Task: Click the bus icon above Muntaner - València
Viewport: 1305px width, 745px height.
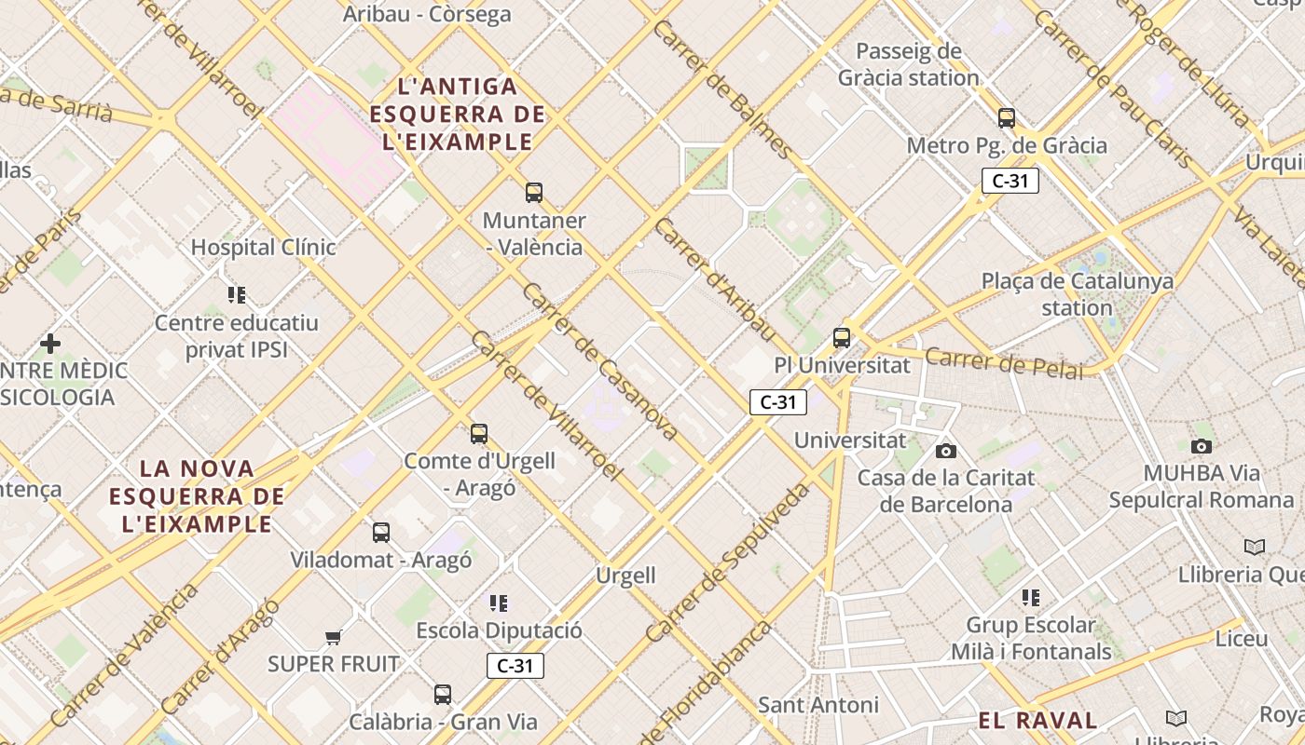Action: click(534, 193)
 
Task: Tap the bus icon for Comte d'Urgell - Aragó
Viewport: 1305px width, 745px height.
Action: click(479, 434)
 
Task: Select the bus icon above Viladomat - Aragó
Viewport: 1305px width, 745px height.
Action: click(381, 533)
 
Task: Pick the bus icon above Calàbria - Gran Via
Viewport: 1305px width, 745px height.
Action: click(443, 695)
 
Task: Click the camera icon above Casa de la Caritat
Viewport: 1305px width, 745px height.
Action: click(946, 452)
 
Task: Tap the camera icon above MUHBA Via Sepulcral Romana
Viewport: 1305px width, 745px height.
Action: click(1202, 446)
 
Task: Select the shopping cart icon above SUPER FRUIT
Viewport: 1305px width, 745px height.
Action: click(333, 638)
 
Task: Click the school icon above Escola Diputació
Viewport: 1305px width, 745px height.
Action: click(499, 603)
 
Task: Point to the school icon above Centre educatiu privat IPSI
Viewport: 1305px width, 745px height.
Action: click(237, 295)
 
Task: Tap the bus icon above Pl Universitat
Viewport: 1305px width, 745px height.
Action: click(842, 338)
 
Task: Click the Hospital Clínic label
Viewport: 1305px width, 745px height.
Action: click(263, 248)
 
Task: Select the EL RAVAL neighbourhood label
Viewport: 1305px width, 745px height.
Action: click(1037, 720)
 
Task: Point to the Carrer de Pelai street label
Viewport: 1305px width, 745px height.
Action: click(1004, 364)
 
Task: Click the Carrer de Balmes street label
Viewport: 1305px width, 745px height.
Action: click(722, 88)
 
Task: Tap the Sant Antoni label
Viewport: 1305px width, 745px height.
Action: click(817, 705)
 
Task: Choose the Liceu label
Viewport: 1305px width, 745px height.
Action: click(1242, 639)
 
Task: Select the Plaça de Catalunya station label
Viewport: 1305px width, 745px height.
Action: click(1078, 294)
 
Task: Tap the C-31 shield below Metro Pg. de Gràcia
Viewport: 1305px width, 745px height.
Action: click(1010, 181)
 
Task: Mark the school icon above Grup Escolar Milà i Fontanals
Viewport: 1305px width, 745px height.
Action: click(1030, 598)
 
